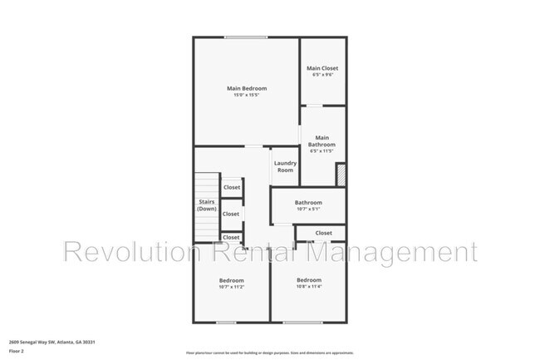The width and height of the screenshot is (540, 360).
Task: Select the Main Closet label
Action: (x=322, y=68)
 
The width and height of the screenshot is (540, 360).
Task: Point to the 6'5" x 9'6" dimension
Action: (x=322, y=76)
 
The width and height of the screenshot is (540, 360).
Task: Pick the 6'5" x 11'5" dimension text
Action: (x=322, y=151)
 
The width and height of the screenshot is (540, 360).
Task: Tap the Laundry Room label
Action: (x=286, y=166)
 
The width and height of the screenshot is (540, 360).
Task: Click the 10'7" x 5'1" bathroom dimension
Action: (x=307, y=209)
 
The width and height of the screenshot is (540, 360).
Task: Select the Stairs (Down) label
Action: (x=207, y=205)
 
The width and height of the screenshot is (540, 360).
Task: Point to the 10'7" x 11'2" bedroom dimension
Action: (x=231, y=287)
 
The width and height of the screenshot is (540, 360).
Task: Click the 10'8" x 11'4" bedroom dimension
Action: (x=308, y=287)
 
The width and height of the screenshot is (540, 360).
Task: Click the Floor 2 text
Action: (x=16, y=351)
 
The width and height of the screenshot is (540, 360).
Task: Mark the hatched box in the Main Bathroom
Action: (x=340, y=175)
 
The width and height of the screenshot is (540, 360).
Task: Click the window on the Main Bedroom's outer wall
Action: (x=240, y=37)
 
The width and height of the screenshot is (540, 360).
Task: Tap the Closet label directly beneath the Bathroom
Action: (x=323, y=233)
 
